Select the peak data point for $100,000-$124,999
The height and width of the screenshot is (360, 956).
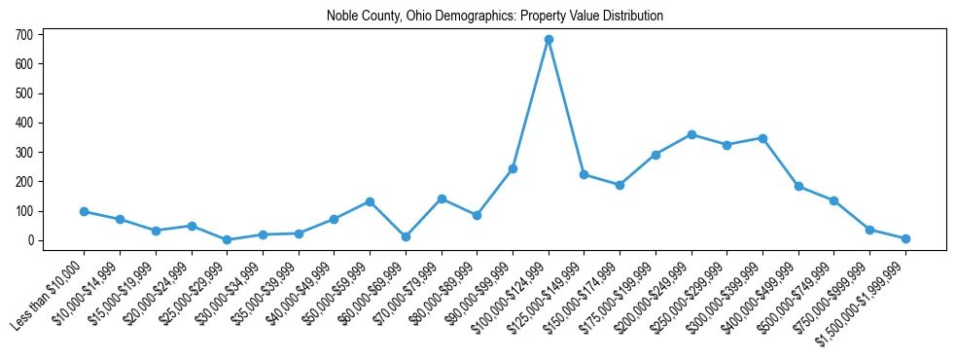coord(549,40)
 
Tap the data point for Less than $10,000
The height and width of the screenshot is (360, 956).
coord(85,211)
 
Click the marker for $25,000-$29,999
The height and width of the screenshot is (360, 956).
coord(227,239)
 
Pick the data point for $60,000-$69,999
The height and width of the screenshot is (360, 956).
coord(406,236)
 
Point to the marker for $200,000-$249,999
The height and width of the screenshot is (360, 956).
coord(691,134)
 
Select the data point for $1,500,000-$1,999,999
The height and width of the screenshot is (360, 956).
coord(905,238)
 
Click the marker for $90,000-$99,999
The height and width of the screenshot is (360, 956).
coord(513,168)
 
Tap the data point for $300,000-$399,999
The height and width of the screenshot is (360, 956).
coord(762,138)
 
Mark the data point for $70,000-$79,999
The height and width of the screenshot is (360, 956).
coord(442,198)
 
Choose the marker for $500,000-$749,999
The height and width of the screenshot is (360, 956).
coord(833,200)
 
